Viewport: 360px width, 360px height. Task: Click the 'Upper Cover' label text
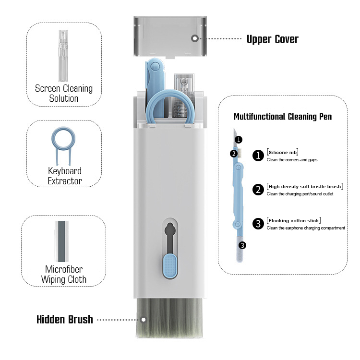[x=272, y=39]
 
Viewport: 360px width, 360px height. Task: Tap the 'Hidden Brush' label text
[x=65, y=319]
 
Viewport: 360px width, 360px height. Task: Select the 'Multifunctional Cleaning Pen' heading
[x=282, y=117]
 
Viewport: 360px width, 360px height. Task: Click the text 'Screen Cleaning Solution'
[x=64, y=93]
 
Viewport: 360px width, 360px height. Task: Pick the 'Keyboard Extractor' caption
[x=65, y=176]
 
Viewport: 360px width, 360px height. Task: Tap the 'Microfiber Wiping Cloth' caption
[x=64, y=274]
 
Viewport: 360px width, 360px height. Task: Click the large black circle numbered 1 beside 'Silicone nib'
[x=259, y=155]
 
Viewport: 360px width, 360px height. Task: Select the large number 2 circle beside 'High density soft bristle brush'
[x=259, y=189]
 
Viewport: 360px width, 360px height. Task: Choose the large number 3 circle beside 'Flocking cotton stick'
[x=259, y=223]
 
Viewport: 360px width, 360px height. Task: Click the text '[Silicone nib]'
[x=283, y=152]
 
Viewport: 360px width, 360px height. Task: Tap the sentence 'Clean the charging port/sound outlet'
[x=300, y=194]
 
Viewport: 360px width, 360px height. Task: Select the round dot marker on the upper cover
[x=194, y=38]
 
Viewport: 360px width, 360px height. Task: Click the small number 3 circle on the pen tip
[x=242, y=245]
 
